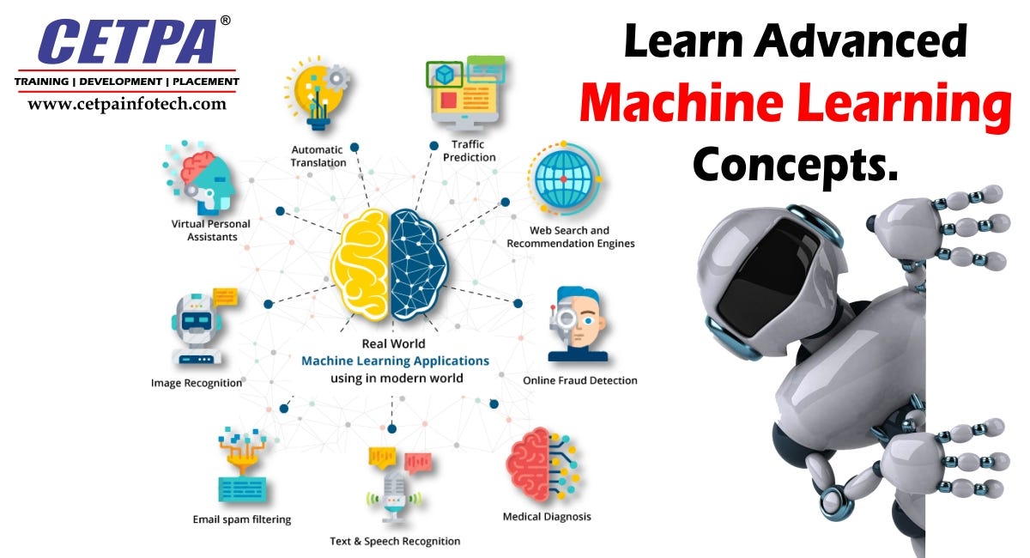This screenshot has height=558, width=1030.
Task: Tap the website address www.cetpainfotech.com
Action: pos(126,104)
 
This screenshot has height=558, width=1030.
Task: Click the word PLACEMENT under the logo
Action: pos(205,82)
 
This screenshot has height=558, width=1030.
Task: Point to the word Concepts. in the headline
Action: pos(795,162)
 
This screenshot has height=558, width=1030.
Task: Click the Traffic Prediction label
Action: pos(469,151)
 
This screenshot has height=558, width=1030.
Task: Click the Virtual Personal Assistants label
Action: pos(210,230)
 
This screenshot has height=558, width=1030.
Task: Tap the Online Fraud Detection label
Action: pos(579,380)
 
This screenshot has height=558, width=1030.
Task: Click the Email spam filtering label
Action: pos(241,519)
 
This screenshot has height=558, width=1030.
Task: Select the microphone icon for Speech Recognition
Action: pos(394,494)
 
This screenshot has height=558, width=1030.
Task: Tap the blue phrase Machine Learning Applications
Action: pos(395,361)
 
